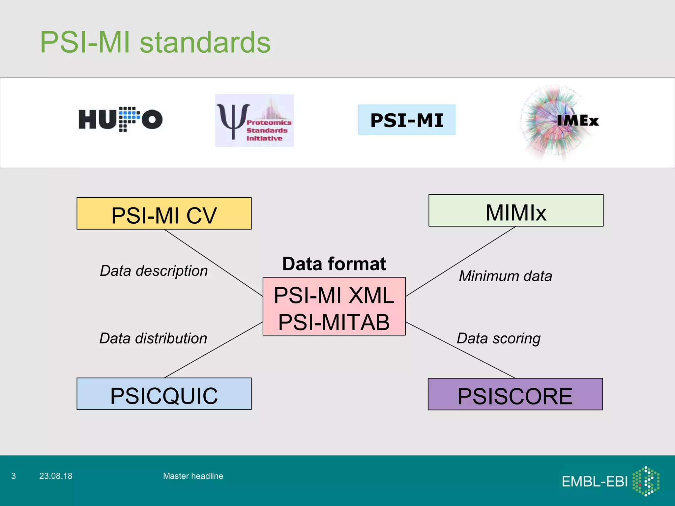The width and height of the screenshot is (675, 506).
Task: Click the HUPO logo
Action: pyautogui.click(x=120, y=119)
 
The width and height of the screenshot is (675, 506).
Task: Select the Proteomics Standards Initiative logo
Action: pyautogui.click(x=254, y=121)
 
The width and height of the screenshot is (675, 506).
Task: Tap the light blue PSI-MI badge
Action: pyautogui.click(x=407, y=120)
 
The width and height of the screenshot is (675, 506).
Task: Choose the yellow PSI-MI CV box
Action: pyautogui.click(x=164, y=213)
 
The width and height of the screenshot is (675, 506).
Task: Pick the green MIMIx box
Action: pyautogui.click(x=516, y=211)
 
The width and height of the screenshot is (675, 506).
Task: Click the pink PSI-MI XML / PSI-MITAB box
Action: pyautogui.click(x=334, y=306)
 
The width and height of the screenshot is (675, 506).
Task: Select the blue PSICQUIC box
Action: pyautogui.click(x=164, y=394)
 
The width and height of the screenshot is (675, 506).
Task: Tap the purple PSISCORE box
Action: pyautogui.click(x=515, y=394)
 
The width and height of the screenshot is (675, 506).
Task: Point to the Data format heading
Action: pyautogui.click(x=334, y=264)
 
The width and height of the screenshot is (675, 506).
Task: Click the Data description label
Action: pyautogui.click(x=154, y=271)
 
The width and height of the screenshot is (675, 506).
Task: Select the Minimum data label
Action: pyautogui.click(x=505, y=276)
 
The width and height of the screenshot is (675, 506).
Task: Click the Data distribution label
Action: pyautogui.click(x=153, y=338)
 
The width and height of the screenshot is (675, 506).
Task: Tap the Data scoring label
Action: pyautogui.click(x=498, y=339)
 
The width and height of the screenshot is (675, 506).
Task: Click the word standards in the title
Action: pyautogui.click(x=205, y=42)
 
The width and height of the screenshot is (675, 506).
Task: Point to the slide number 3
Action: pyautogui.click(x=14, y=476)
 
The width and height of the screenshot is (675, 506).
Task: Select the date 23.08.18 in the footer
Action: pyautogui.click(x=56, y=476)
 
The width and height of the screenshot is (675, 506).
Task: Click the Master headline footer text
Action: pyautogui.click(x=193, y=476)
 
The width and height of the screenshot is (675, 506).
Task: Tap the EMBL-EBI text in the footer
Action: pyautogui.click(x=595, y=482)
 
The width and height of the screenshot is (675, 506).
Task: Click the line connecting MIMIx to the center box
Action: pyautogui.click(x=461, y=261)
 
